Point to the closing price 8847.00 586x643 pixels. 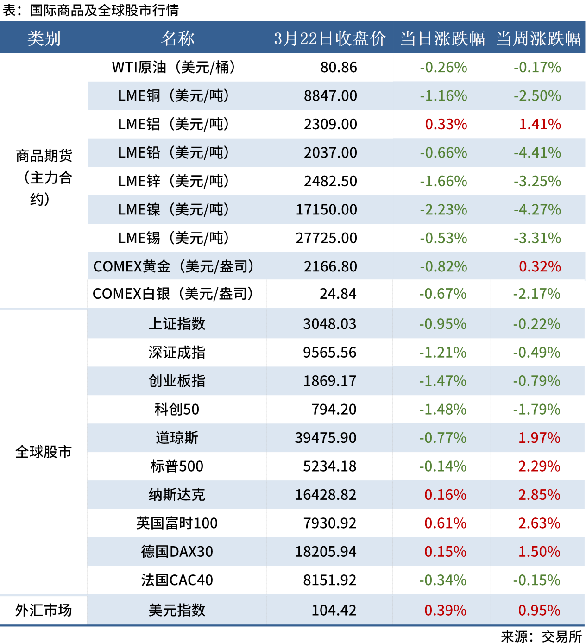pyautogui.click(x=330, y=96)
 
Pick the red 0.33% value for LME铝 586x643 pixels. pyautogui.click(x=446, y=124)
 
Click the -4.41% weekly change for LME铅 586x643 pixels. pyautogui.click(x=537, y=153)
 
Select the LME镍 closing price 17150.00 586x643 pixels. pyautogui.click(x=327, y=210)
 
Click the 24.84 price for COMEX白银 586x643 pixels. pyautogui.click(x=338, y=294)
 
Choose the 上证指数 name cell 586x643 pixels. pyautogui.click(x=176, y=324)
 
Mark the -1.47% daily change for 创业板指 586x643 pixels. pyautogui.click(x=443, y=381)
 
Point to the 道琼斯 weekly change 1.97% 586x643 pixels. pyautogui.click(x=539, y=438)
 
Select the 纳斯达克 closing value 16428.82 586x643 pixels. pyautogui.click(x=326, y=495)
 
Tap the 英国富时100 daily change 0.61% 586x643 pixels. pyautogui.click(x=445, y=523)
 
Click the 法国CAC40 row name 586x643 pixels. pyautogui.click(x=176, y=580)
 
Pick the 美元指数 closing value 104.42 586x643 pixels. pyautogui.click(x=334, y=611)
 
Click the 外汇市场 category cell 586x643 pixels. pyautogui.click(x=44, y=611)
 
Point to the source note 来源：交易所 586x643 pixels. pyautogui.click(x=541, y=637)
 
